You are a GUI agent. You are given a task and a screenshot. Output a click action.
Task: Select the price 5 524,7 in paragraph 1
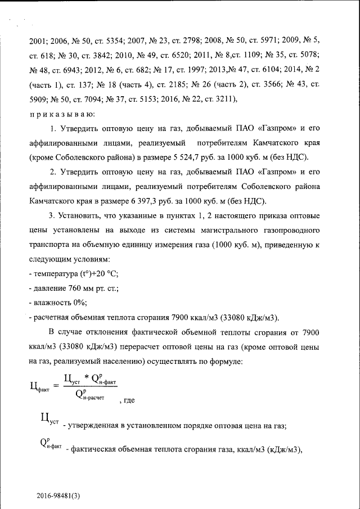(190, 157)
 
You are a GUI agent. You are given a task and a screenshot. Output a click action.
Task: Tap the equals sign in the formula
(55, 386)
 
